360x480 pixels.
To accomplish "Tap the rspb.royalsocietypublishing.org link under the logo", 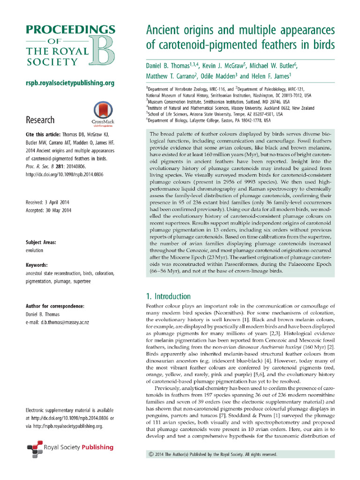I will click(70, 83).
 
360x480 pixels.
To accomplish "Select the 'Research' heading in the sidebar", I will click(39, 120).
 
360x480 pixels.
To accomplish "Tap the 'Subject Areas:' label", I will click(41, 242).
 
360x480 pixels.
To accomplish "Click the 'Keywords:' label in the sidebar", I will click(37, 265).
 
